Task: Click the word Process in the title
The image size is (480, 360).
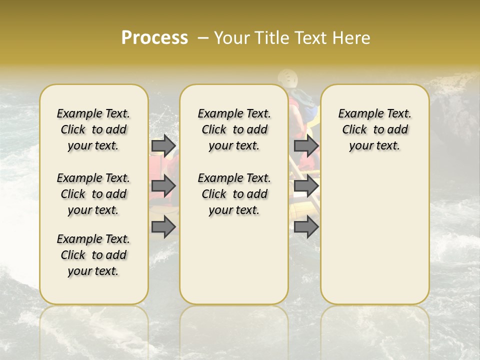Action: click(x=154, y=38)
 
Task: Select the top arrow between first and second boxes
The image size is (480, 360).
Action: click(x=163, y=145)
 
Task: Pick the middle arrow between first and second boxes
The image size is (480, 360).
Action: click(x=163, y=186)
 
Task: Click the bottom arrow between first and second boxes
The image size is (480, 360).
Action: click(x=163, y=227)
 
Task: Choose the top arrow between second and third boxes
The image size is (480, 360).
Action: click(x=306, y=145)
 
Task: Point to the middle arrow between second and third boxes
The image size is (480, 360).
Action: click(x=306, y=186)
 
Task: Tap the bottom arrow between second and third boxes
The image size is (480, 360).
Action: click(x=306, y=227)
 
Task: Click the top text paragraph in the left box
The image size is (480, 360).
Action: click(x=93, y=129)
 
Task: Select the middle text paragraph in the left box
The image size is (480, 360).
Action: click(x=93, y=194)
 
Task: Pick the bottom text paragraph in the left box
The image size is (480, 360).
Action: click(x=93, y=255)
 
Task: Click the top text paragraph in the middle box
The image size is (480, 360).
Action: click(x=234, y=129)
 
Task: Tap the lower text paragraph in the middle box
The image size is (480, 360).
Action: click(x=234, y=194)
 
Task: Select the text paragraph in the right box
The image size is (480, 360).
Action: click(x=375, y=129)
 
